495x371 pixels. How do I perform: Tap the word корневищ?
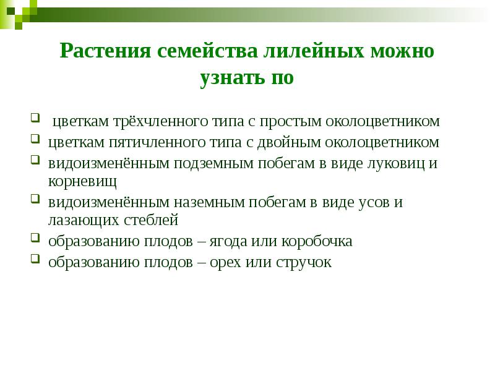(x=82, y=181)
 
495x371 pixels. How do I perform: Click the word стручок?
(x=303, y=262)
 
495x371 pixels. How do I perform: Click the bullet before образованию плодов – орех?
(x=35, y=259)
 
